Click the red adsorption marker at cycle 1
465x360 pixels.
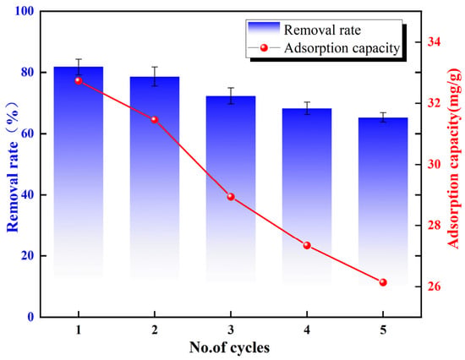pyautogui.click(x=79, y=80)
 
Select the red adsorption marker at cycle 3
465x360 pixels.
pyautogui.click(x=231, y=197)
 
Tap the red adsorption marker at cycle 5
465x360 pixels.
pyautogui.click(x=383, y=282)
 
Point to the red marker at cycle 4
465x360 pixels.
pyautogui.click(x=307, y=246)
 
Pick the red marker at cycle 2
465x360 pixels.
pyautogui.click(x=155, y=120)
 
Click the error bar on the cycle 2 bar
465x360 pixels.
pyautogui.click(x=155, y=77)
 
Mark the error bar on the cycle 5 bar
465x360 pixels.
pyautogui.click(x=383, y=117)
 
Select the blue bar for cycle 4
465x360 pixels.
pyautogui.click(x=307, y=196)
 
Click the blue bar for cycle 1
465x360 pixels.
pyautogui.click(x=79, y=172)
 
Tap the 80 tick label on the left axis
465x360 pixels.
pyautogui.click(x=28, y=73)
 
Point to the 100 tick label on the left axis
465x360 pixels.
pyautogui.click(x=25, y=11)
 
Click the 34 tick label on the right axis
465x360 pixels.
pyautogui.click(x=434, y=41)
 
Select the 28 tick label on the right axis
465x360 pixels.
pyautogui.click(x=434, y=226)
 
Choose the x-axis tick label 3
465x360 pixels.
pyautogui.click(x=231, y=330)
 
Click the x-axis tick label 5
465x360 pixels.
pyautogui.click(x=383, y=330)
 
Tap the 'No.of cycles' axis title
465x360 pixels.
pyautogui.click(x=229, y=347)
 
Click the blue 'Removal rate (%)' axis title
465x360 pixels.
pyautogui.click(x=13, y=167)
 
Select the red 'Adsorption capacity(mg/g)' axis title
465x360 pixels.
pyautogui.click(x=454, y=158)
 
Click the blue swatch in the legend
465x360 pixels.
pyautogui.click(x=264, y=29)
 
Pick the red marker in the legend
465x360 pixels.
pyautogui.click(x=264, y=47)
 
